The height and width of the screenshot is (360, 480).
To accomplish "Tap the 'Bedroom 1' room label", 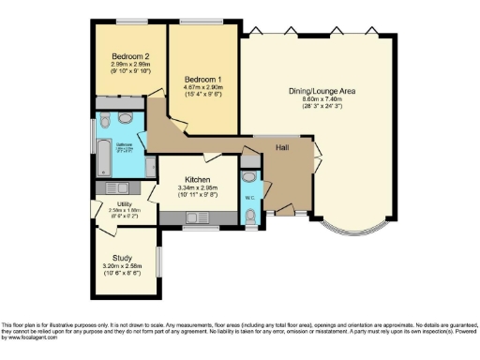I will click(202, 79).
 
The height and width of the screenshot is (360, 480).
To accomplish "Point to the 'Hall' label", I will click(281, 148).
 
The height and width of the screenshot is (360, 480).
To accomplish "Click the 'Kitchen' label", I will click(197, 179).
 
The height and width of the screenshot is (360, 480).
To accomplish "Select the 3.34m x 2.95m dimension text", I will click(197, 188).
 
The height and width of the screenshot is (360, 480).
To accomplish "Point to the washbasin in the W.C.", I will click(248, 176).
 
